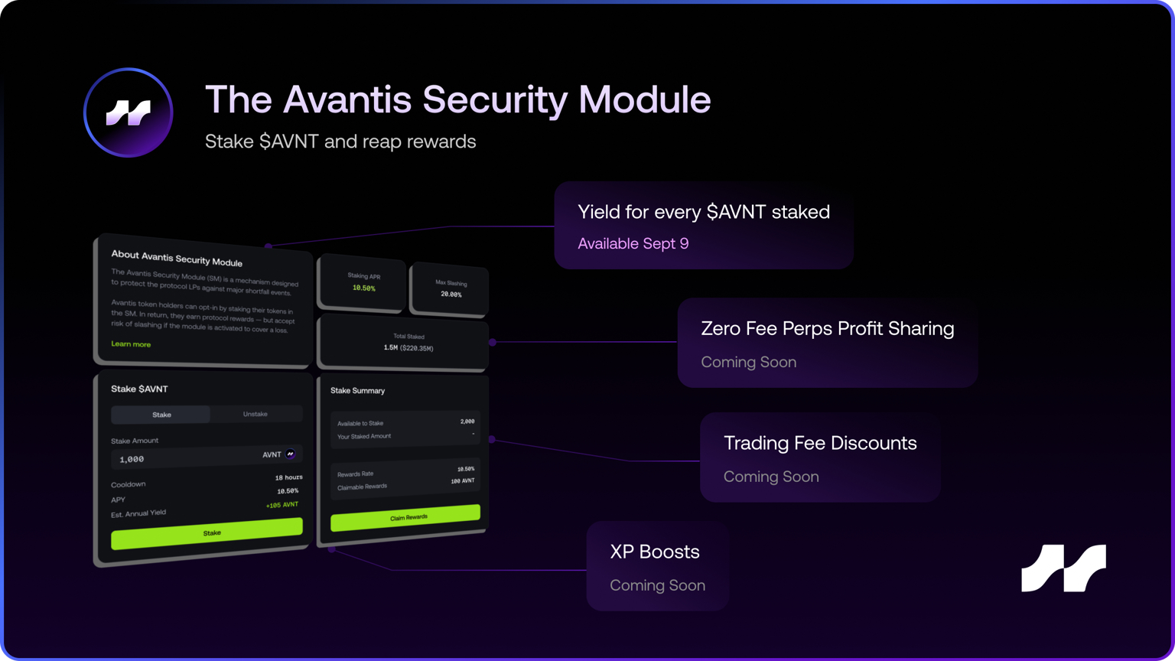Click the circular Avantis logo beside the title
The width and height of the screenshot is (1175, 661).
(x=128, y=112)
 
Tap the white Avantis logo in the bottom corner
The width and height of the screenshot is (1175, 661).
(x=1063, y=568)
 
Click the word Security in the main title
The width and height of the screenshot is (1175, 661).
(x=494, y=99)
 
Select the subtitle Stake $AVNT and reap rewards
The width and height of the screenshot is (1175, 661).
(x=340, y=142)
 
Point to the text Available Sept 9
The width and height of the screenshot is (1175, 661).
(x=633, y=243)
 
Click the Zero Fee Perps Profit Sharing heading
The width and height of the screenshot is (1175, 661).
(x=827, y=329)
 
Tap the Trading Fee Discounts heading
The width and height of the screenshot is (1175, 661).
(x=820, y=443)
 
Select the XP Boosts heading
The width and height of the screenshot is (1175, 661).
(x=654, y=552)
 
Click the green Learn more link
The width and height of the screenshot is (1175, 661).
(x=131, y=344)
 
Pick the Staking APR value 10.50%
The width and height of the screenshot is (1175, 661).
(x=363, y=288)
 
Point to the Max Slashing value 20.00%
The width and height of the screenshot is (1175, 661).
(x=451, y=294)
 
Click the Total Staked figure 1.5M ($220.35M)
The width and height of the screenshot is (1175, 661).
(x=408, y=348)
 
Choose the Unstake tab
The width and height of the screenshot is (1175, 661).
(x=256, y=414)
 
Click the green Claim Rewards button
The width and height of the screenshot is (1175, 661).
(x=405, y=518)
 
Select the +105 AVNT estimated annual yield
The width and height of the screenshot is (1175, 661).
(x=282, y=505)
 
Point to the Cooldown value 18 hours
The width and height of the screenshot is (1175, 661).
(x=288, y=477)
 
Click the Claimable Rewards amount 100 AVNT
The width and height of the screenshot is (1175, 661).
(x=462, y=481)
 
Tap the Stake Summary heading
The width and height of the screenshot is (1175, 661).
(x=357, y=390)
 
